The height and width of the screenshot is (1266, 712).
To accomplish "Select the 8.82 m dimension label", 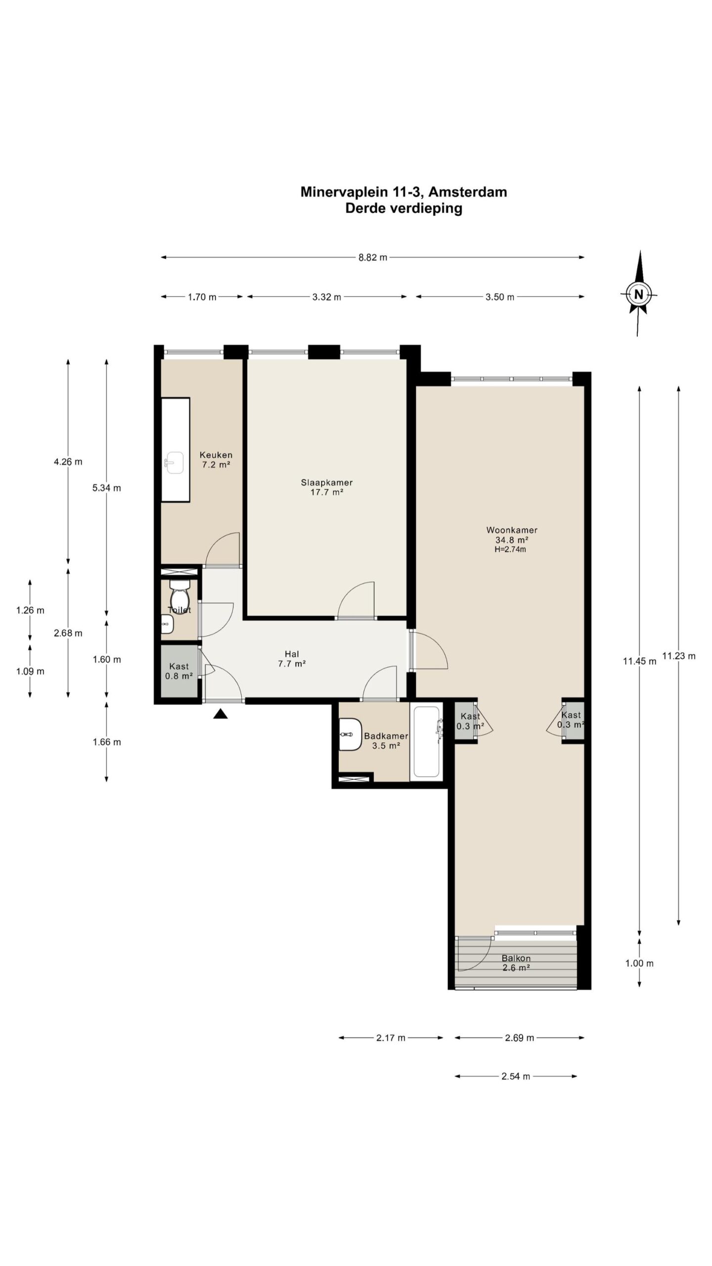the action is point(373,257).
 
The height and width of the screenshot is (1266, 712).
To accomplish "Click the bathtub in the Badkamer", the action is point(427,741).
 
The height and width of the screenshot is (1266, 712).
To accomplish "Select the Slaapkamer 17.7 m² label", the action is point(326,487).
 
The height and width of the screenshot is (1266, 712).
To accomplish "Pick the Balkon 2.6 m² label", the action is point(516,963).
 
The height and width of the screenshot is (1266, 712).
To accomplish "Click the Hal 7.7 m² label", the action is point(292,659).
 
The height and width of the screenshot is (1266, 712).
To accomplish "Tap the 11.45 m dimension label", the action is point(639,661).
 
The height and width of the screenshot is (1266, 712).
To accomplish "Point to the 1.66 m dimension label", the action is point(107,742).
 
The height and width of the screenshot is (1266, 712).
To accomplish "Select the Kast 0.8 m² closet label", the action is point(179,671).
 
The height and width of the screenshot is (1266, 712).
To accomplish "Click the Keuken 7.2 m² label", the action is point(216,460).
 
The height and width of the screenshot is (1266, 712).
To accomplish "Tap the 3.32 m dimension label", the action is point(326,297).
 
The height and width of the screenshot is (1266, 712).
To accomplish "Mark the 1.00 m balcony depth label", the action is point(639,963).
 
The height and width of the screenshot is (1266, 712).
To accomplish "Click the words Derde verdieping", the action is point(403,208).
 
